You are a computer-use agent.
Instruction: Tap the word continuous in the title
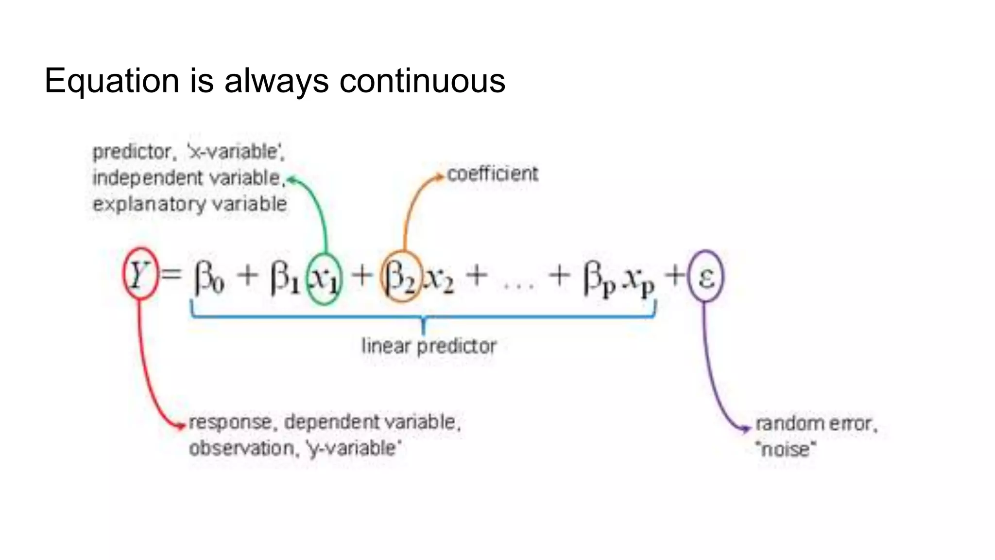pos(422,81)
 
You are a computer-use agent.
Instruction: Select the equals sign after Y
pos(171,275)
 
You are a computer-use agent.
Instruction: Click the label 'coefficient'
pos(492,174)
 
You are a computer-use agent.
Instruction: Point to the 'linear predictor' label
pos(429,346)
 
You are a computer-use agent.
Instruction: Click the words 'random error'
pos(815,424)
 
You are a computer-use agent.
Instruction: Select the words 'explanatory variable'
pos(189,204)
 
